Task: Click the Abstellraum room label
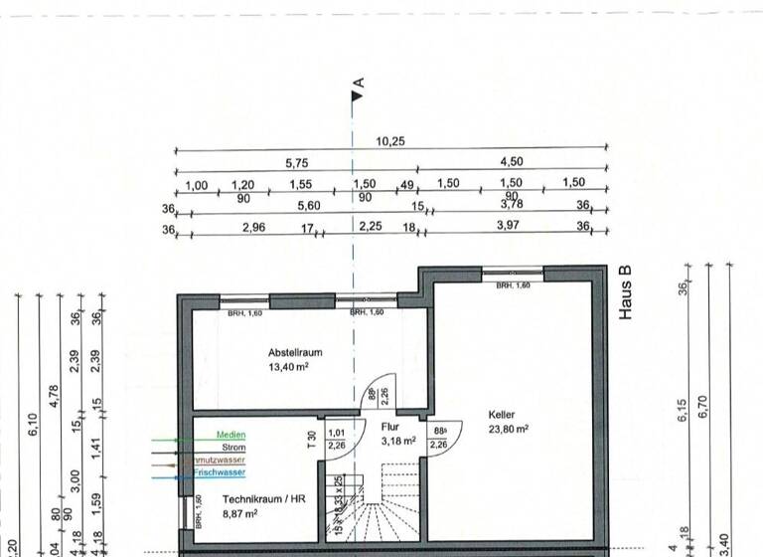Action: click(295, 352)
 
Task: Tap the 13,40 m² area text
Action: click(295, 366)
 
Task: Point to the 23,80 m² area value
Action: click(507, 430)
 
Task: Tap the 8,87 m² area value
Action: click(239, 513)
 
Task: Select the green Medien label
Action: click(231, 435)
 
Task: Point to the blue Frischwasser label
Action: click(220, 473)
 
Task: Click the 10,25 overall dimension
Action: click(391, 141)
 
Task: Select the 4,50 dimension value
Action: click(512, 162)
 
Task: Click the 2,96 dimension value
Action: click(254, 228)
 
